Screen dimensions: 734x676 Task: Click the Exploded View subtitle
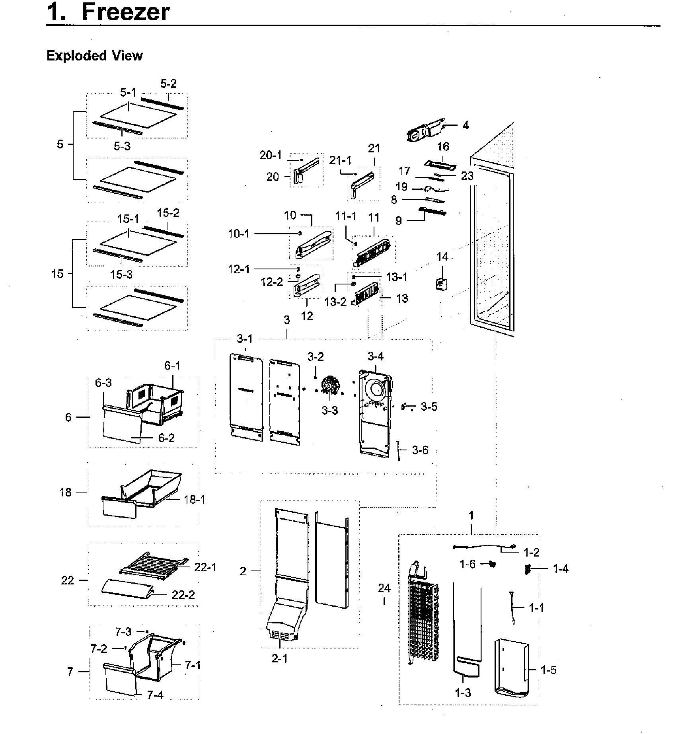click(x=94, y=56)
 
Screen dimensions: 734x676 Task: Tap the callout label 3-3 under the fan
click(x=329, y=410)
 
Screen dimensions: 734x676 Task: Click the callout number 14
click(x=442, y=257)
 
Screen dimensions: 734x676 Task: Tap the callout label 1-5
click(x=548, y=670)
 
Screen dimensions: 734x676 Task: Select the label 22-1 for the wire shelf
click(x=205, y=567)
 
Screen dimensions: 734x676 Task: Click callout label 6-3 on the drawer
click(x=103, y=383)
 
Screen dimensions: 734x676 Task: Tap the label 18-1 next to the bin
click(x=195, y=499)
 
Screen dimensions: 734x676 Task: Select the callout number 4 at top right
click(x=465, y=126)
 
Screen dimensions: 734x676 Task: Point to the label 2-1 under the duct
click(x=280, y=658)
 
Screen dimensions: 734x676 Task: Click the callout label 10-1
click(x=239, y=234)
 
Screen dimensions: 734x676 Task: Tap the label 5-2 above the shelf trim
click(x=168, y=84)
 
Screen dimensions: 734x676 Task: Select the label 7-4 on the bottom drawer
click(x=155, y=695)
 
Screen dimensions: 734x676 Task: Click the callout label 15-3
click(x=121, y=274)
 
